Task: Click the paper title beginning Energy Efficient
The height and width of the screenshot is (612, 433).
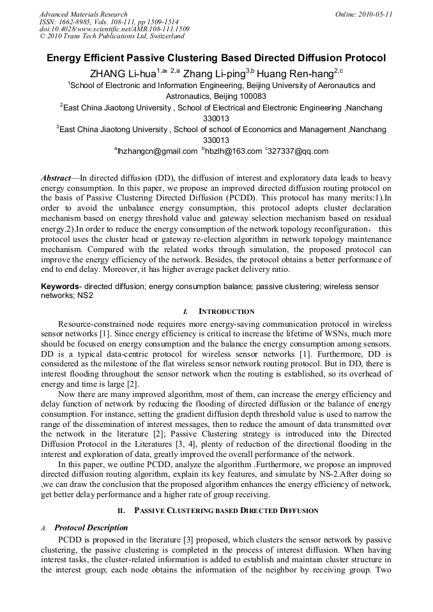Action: click(216, 58)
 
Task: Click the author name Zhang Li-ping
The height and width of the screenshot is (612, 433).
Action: click(215, 73)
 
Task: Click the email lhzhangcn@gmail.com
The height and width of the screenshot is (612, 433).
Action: click(157, 151)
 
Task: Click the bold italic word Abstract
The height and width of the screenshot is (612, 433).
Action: click(56, 177)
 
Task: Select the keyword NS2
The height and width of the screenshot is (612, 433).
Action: click(87, 296)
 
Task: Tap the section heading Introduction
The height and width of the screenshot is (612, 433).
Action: click(226, 311)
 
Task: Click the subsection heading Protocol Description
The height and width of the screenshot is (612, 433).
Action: click(91, 528)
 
